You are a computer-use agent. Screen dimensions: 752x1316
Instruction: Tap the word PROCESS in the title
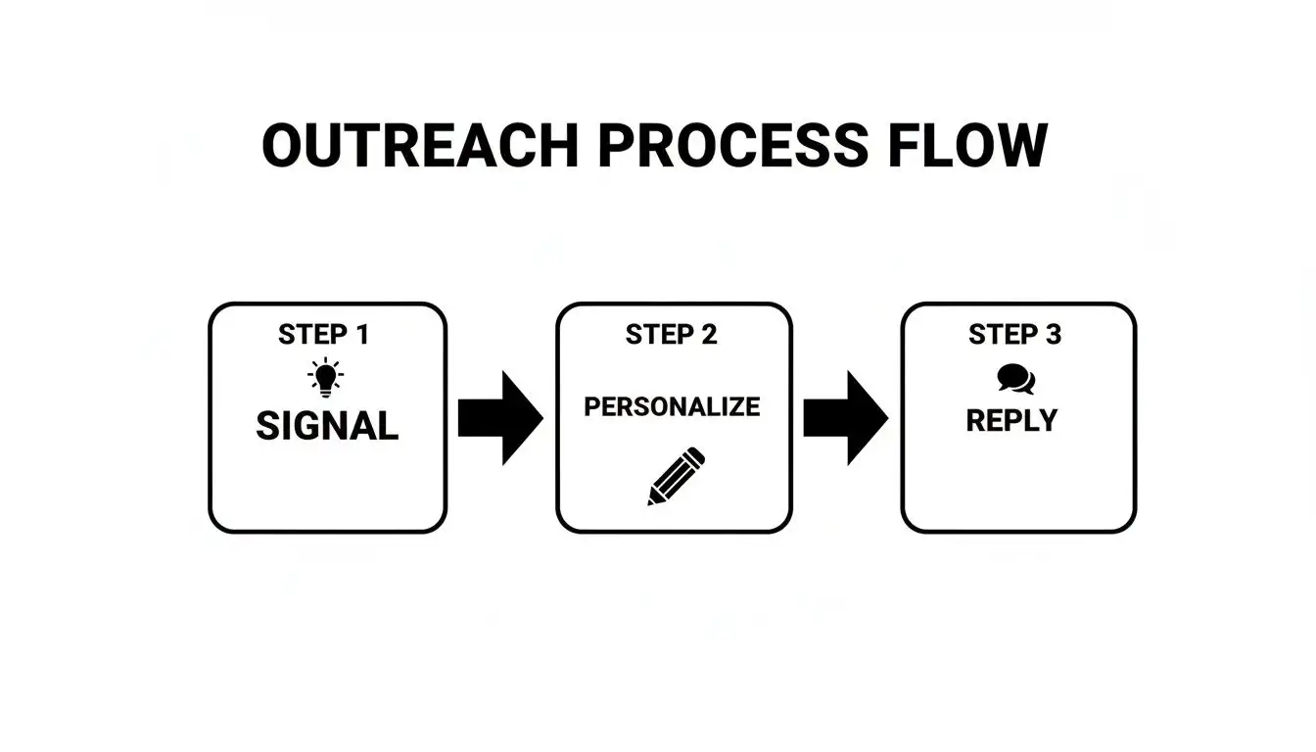coord(732,146)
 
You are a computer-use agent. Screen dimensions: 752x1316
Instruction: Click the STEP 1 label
coord(323,335)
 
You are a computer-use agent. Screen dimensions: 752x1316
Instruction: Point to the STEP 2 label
coord(672,335)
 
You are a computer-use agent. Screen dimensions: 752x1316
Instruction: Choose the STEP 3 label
coord(1014,335)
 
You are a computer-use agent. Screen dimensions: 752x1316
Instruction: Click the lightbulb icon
coord(325,377)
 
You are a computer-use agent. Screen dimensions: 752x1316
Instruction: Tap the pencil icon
coord(676,476)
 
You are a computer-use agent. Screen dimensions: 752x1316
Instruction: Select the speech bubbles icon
coord(1015,378)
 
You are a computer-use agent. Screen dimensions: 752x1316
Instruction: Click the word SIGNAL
coord(327,426)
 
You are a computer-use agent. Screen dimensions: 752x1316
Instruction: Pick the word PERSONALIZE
coord(672,407)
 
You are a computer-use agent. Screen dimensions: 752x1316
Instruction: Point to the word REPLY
coord(1011,421)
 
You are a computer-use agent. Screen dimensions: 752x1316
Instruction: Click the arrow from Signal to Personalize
coord(500,418)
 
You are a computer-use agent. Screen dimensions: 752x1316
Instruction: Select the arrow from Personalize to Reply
coord(845,418)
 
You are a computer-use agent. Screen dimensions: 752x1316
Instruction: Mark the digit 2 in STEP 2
coord(708,335)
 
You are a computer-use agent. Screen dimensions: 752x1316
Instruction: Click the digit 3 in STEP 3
coord(1053,335)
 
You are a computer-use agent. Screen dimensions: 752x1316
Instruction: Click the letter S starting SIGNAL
coord(267,426)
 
